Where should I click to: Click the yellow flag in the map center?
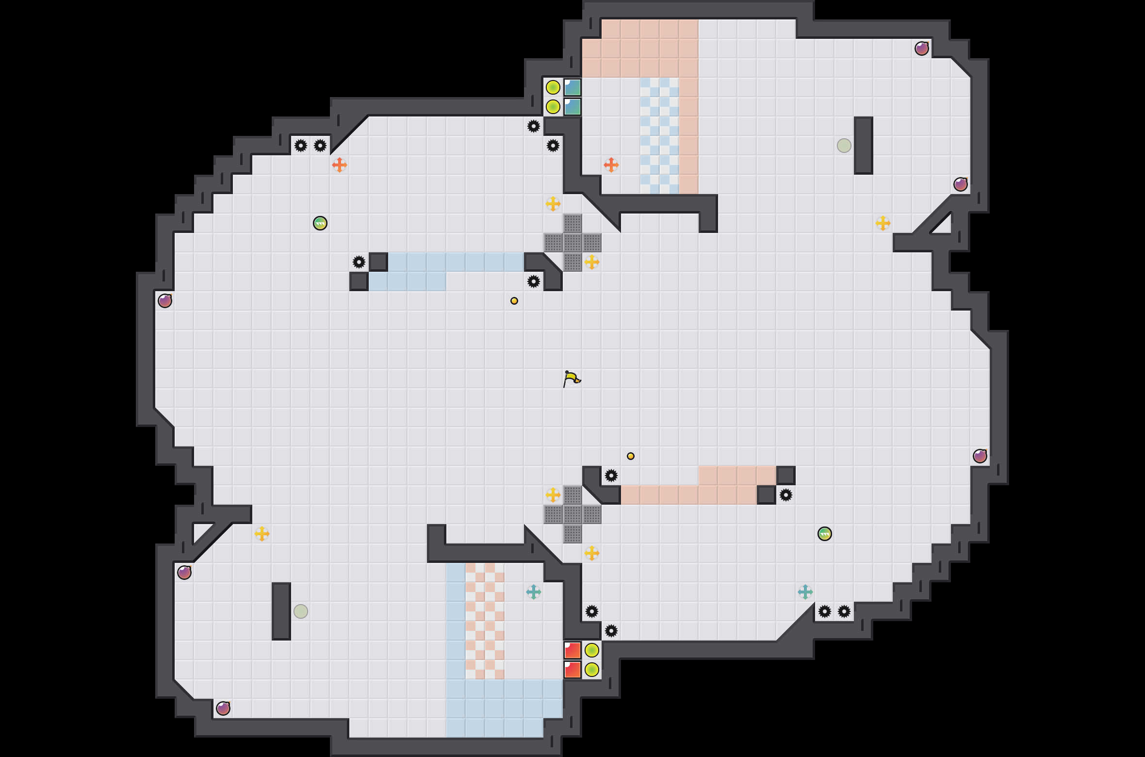[572, 379]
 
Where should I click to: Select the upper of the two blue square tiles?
[572, 87]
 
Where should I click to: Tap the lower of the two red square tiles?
[572, 670]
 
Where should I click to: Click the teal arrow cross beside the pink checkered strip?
[534, 592]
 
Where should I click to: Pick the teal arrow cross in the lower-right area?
[805, 592]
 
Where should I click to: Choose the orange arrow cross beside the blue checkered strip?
[611, 165]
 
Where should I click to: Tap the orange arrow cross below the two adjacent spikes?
[340, 165]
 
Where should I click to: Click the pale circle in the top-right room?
[844, 146]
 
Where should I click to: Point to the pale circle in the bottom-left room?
[301, 611]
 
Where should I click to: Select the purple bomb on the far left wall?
[165, 301]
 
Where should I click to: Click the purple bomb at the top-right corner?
[922, 49]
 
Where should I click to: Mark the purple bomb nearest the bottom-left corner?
[223, 708]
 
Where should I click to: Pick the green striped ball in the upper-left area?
[320, 223]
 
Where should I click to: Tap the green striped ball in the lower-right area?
[825, 534]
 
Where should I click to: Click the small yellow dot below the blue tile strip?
[514, 301]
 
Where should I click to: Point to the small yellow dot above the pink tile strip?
[631, 456]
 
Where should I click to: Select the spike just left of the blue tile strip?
[359, 262]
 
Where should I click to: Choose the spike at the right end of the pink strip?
[786, 495]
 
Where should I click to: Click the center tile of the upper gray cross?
[572, 243]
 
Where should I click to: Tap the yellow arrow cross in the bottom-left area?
[262, 534]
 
